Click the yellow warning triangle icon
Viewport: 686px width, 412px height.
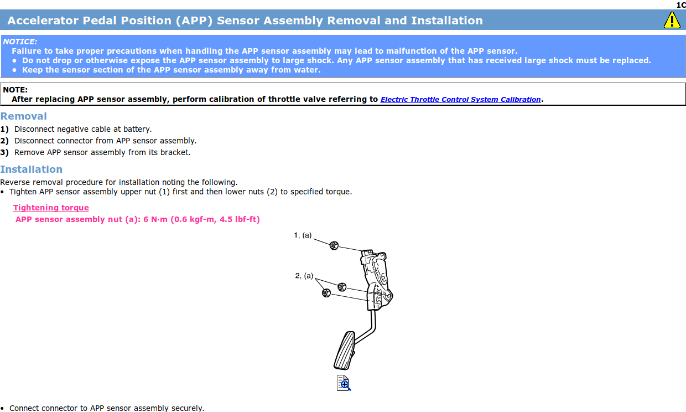(x=672, y=20)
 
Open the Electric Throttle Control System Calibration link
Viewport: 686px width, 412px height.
(x=460, y=100)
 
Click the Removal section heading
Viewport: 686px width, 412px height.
(x=24, y=116)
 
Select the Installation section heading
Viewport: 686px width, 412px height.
(x=32, y=169)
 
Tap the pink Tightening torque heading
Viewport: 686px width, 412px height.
(x=51, y=208)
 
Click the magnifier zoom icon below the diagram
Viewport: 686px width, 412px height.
(x=344, y=383)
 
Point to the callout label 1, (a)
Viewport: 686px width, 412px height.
(x=303, y=235)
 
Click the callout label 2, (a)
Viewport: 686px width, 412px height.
(x=304, y=275)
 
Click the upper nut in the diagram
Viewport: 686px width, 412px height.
(x=334, y=245)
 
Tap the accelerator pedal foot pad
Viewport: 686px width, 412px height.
(x=344, y=350)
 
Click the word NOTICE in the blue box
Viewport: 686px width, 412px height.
(x=20, y=42)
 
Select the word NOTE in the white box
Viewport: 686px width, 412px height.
(x=15, y=90)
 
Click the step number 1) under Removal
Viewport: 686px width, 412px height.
(x=4, y=129)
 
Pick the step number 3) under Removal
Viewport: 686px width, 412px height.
(x=4, y=152)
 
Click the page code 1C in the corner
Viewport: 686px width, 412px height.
(x=680, y=5)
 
